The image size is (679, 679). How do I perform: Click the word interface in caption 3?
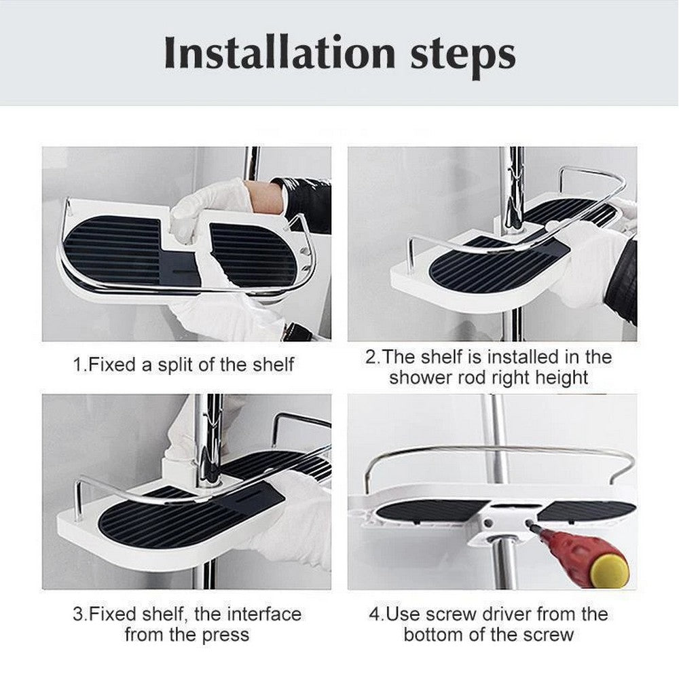click(x=261, y=614)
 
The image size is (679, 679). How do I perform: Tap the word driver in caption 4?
click(x=503, y=614)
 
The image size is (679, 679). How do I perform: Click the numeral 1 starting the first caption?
click(x=77, y=365)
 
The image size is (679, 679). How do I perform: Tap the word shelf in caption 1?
click(x=271, y=365)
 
